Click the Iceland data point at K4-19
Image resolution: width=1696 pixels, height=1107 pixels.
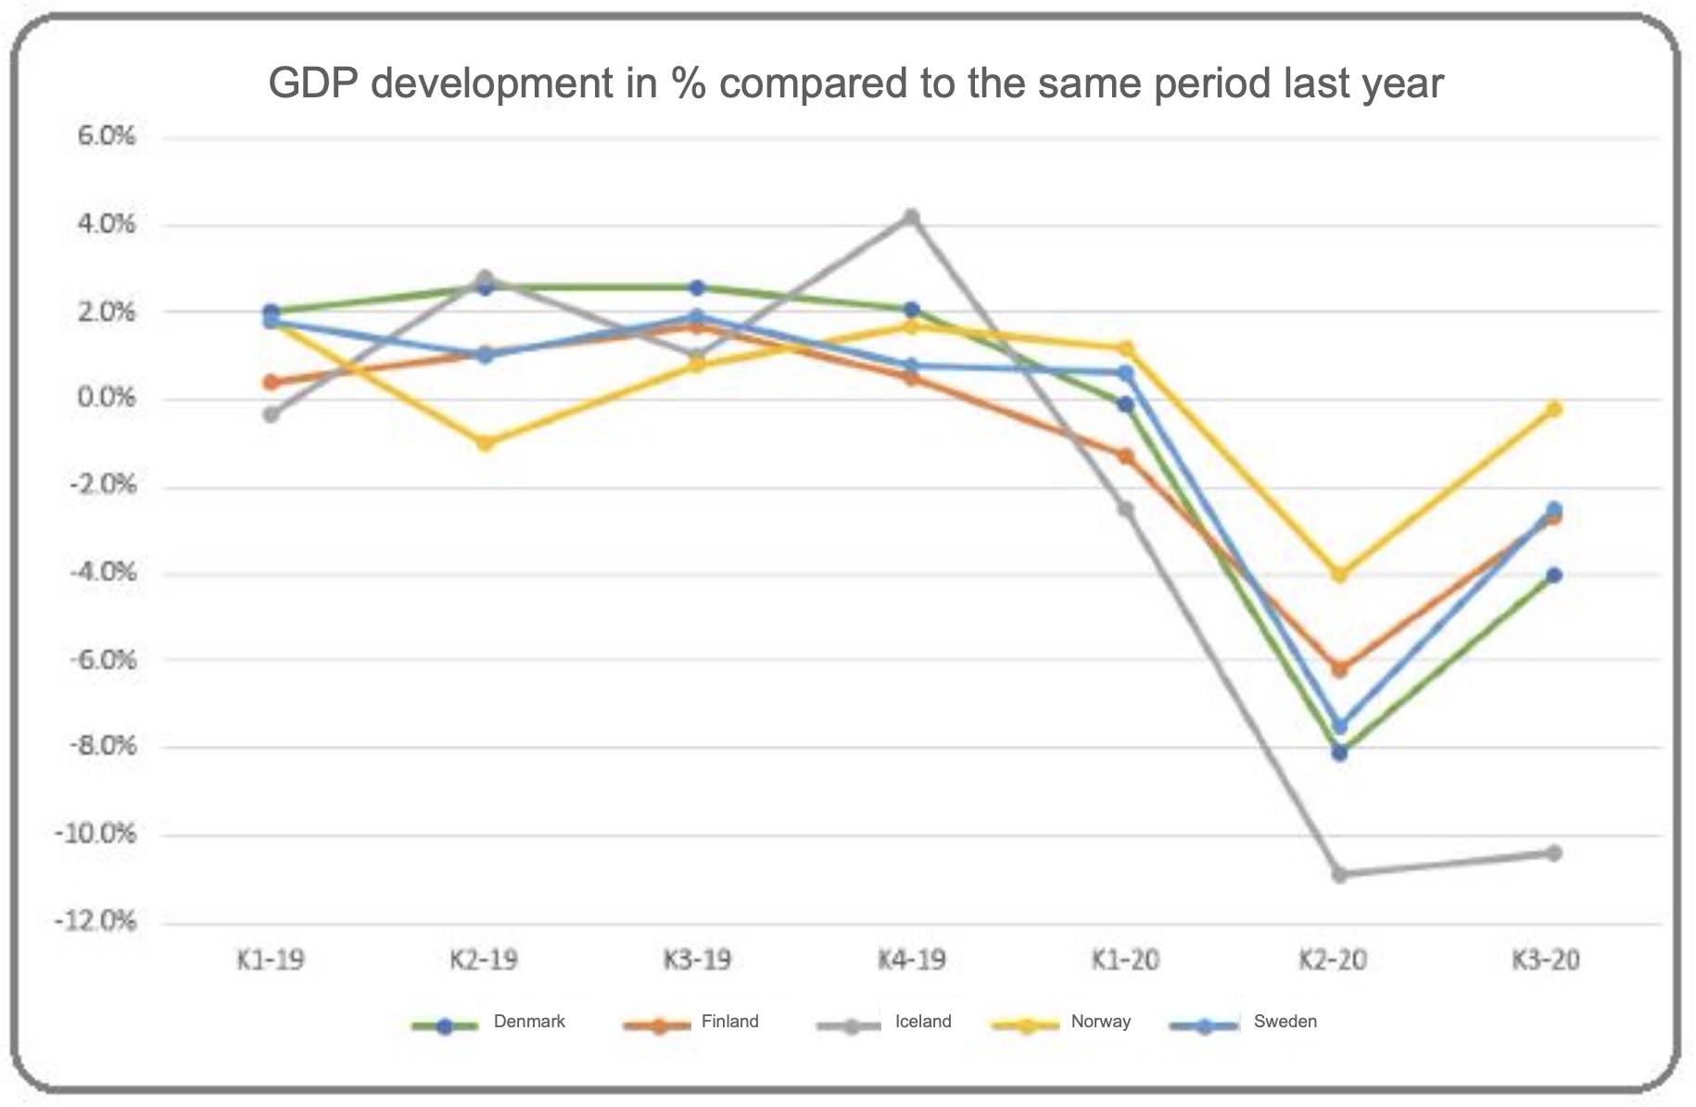912,217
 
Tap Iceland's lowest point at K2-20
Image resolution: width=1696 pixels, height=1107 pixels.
1340,874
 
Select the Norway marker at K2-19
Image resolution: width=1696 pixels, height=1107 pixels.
485,443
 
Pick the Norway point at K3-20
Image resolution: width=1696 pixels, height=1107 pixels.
1554,409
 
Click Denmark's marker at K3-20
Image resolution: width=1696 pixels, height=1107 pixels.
1554,575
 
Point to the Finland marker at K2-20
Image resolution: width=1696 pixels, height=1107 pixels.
1340,668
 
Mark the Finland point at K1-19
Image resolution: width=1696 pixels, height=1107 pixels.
271,382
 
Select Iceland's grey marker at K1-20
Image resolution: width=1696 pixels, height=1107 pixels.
1126,509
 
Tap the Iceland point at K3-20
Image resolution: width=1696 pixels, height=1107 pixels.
1554,853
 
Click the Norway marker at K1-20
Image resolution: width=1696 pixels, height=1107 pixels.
1126,349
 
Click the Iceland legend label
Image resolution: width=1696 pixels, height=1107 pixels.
922,1022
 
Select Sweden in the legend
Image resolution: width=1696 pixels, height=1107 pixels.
1285,1022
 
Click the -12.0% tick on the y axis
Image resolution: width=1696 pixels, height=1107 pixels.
95,922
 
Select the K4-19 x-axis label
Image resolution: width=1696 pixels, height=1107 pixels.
912,960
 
